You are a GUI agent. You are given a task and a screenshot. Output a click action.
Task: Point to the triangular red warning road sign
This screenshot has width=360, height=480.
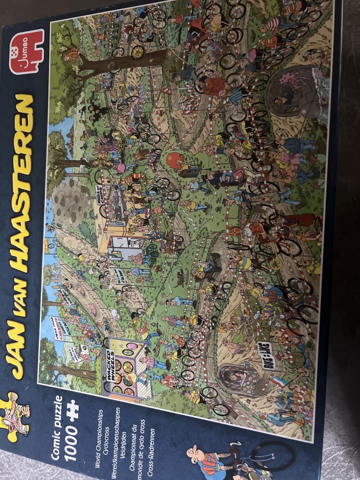168,90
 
